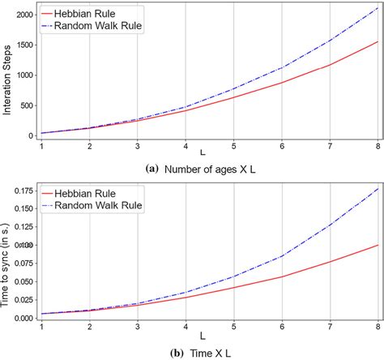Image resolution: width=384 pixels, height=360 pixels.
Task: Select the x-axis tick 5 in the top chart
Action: [x=233, y=147]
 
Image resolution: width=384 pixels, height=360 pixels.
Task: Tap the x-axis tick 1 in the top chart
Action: [x=41, y=147]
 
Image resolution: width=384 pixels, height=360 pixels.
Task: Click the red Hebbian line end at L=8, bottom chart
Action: [x=377, y=245]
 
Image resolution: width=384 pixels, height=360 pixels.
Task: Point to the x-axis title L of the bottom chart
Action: [x=209, y=335]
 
